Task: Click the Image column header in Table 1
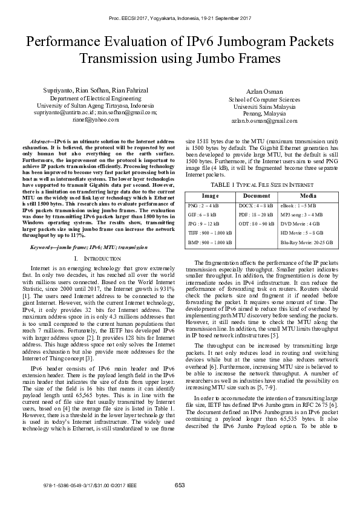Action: tap(209, 196)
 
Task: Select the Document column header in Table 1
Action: tap(256, 196)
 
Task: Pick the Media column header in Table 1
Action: tap(308, 196)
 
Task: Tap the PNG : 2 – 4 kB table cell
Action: tap(204, 206)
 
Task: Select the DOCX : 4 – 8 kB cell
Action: tap(254, 206)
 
